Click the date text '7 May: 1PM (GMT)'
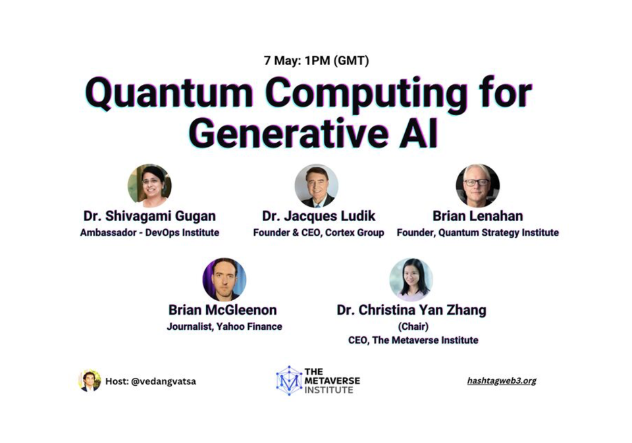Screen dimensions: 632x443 (316, 61)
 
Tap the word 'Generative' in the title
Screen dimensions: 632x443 (284, 134)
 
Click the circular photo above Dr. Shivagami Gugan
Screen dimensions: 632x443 (149, 186)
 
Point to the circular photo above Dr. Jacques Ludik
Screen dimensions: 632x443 (317, 186)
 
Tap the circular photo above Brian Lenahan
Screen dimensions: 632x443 (478, 186)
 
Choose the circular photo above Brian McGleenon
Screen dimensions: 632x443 (224, 279)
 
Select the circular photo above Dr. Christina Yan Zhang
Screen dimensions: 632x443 (411, 279)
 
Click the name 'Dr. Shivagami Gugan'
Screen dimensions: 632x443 (149, 216)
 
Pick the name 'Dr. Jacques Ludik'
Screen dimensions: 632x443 (319, 216)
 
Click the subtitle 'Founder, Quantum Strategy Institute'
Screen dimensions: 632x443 (478, 232)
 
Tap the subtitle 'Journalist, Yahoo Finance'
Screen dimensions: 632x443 (224, 326)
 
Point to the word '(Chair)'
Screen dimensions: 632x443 (413, 326)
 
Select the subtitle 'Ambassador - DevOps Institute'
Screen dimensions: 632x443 (149, 232)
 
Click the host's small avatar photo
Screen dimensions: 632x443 (90, 380)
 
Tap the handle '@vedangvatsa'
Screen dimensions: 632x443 (163, 381)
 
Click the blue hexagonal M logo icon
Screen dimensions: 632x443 (289, 380)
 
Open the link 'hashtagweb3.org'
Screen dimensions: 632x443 (502, 381)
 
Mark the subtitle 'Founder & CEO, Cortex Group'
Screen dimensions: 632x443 (319, 232)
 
